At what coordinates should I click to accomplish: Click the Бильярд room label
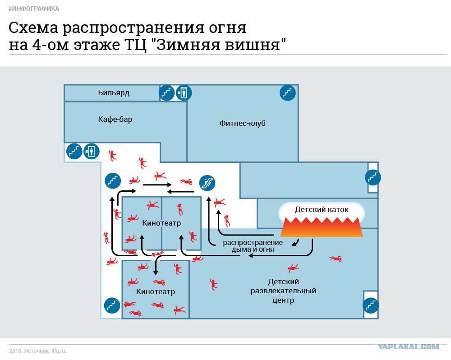coord(114,92)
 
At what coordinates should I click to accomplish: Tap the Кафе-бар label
coord(115,119)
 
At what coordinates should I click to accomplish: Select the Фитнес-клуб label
coord(243,124)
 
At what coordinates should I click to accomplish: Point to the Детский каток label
coord(322,209)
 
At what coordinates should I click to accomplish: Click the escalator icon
coord(207,183)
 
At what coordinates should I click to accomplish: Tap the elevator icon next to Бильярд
coord(184,93)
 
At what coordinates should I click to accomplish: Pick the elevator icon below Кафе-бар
coord(92,152)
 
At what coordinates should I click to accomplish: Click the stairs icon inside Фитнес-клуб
coord(288,93)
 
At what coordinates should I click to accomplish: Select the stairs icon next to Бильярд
coord(167,93)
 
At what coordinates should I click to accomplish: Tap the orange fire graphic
coord(322,227)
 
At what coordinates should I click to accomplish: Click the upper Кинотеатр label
coord(161,223)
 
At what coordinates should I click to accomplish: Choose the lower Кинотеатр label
coord(156,291)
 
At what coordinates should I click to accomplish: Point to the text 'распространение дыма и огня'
coord(253,246)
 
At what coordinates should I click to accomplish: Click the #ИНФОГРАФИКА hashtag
coord(34,9)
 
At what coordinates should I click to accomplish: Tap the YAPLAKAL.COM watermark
coord(409,346)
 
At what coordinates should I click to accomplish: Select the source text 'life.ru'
coord(59,351)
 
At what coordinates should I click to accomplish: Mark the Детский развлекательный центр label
coord(283,291)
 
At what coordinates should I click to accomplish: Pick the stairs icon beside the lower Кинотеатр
coord(112,305)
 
